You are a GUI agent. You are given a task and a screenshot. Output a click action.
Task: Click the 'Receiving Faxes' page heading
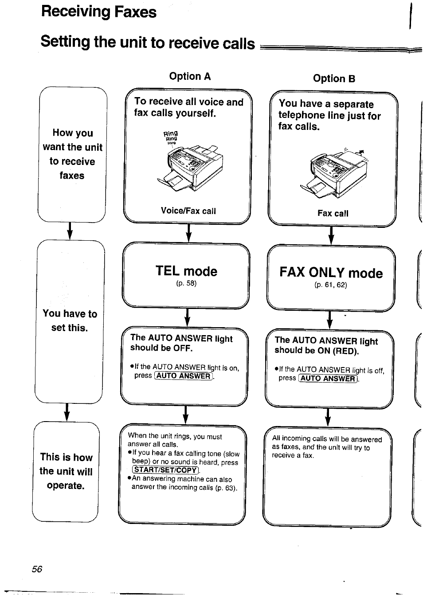click(x=98, y=12)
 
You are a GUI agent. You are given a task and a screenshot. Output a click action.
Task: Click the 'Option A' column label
click(x=190, y=76)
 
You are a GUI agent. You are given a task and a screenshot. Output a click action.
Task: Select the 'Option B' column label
click(x=334, y=78)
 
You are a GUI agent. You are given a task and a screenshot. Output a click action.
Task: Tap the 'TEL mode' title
click(x=186, y=271)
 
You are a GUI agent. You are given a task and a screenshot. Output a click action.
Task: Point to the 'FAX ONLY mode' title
click(x=331, y=273)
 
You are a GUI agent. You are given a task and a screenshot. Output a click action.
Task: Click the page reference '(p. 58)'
click(x=186, y=283)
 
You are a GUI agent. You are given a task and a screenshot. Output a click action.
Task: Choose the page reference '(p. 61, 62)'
click(x=331, y=285)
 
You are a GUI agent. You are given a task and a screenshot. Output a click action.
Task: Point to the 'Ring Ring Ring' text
click(x=170, y=137)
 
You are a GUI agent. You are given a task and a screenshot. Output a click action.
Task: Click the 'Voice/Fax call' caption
click(x=188, y=211)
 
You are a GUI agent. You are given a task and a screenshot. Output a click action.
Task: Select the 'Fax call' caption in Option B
click(x=333, y=213)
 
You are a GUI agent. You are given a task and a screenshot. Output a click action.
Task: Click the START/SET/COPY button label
click(x=165, y=470)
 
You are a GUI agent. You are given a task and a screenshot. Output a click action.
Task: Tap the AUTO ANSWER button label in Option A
click(x=184, y=376)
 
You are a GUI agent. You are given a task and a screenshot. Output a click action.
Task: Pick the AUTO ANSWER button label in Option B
click(x=328, y=379)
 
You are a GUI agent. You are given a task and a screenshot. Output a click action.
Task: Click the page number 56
click(x=37, y=569)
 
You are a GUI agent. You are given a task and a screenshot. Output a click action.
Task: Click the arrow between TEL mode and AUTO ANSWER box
click(x=187, y=317)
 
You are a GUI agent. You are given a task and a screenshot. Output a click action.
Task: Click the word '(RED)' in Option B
click(x=345, y=351)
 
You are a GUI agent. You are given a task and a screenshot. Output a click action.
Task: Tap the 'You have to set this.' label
click(x=70, y=320)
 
